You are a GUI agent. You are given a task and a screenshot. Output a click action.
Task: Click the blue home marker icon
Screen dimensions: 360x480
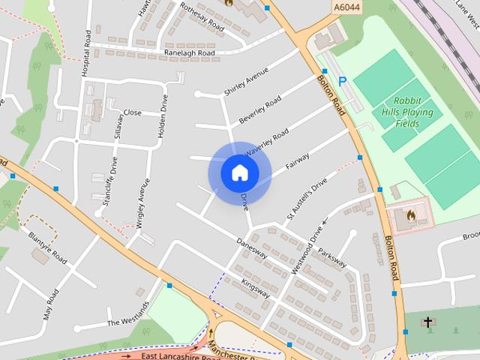click(x=239, y=172)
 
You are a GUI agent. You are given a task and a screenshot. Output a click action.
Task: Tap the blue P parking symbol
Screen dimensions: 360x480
click(x=342, y=81)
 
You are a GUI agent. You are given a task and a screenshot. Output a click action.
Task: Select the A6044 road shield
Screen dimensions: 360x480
click(x=342, y=7)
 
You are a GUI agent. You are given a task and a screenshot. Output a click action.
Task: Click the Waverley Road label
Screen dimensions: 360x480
click(x=266, y=142)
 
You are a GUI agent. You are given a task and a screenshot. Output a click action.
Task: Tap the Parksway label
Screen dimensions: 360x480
click(x=332, y=257)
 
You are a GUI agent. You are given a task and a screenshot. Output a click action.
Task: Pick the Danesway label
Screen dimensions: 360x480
click(x=251, y=250)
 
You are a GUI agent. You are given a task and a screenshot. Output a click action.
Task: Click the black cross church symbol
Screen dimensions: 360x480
click(x=427, y=322)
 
